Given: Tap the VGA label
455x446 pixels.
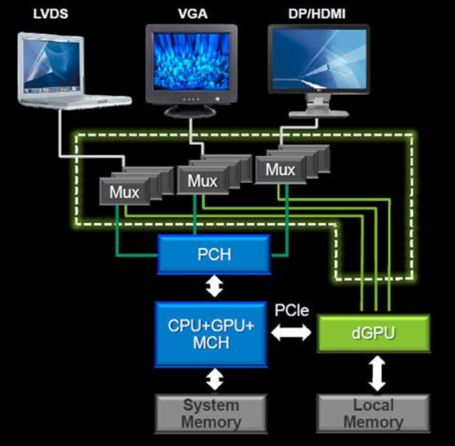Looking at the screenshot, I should (191, 13).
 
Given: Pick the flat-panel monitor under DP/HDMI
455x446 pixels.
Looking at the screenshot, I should (319, 61).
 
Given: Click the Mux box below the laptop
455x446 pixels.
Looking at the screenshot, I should (125, 191).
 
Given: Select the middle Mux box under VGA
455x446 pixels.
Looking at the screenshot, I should (203, 181).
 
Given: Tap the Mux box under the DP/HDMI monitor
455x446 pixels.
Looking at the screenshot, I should (279, 168).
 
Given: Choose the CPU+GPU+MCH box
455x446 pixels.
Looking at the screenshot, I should (210, 334).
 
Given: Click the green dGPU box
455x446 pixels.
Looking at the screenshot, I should (373, 334).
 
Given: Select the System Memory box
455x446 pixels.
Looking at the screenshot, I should (210, 414).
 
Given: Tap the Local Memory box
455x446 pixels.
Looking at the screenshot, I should (373, 414).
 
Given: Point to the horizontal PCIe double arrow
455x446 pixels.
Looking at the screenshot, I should (291, 334).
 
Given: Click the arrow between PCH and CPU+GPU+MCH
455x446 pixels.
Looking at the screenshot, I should (215, 287).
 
